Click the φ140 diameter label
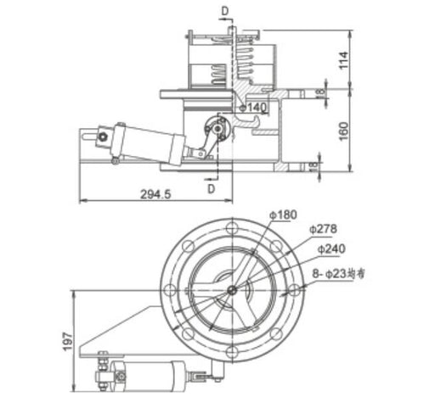tap(256, 107)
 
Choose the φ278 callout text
tap(323, 230)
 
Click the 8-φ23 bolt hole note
tap(336, 274)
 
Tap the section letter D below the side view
tap(210, 189)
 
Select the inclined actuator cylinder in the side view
tap(144, 139)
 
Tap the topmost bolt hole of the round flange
tap(232, 227)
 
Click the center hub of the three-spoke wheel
tap(232, 289)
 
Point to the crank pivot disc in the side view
tap(217, 127)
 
